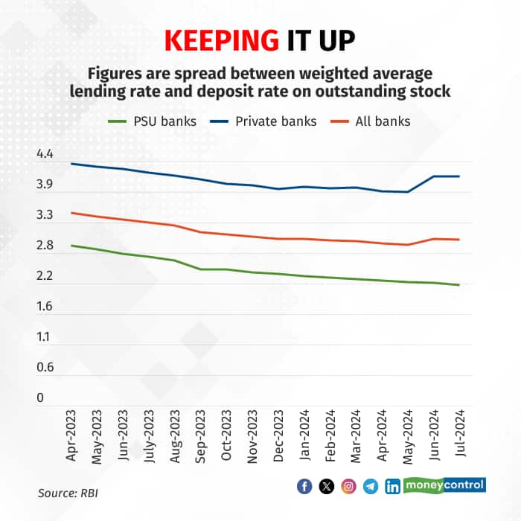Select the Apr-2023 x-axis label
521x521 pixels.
coord(72,435)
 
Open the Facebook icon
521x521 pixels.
coord(304,487)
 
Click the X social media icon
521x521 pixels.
coord(326,487)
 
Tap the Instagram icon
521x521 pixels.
coord(348,487)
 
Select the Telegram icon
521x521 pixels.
coord(371,487)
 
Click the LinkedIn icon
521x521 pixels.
coord(392,487)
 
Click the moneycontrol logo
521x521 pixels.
coord(444,485)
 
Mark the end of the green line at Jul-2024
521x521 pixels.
coord(459,285)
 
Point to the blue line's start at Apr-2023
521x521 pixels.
coord(71,164)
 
